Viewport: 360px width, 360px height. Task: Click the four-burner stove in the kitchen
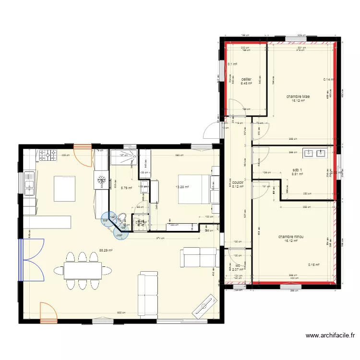(x=48, y=155)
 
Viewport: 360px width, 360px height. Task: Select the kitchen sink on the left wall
(x=28, y=183)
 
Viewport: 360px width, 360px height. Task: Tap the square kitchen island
(x=64, y=188)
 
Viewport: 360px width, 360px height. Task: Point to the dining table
(x=82, y=271)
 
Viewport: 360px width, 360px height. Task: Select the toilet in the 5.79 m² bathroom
(x=123, y=217)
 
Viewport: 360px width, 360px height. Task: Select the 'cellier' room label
(x=246, y=79)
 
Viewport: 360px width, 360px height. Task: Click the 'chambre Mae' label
(x=298, y=96)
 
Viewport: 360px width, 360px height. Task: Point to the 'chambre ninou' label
(x=290, y=237)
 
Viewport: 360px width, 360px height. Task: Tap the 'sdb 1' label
(x=298, y=170)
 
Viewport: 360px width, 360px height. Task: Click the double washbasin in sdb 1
(x=314, y=154)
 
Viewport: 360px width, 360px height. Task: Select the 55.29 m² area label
(x=106, y=250)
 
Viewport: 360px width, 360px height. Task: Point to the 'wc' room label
(x=238, y=265)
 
